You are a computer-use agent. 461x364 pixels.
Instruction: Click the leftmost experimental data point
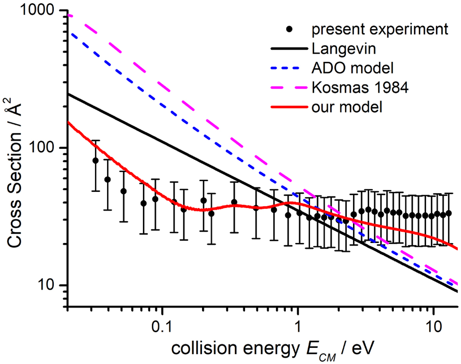coord(96,160)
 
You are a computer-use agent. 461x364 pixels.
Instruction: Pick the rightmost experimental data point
coord(448,213)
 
